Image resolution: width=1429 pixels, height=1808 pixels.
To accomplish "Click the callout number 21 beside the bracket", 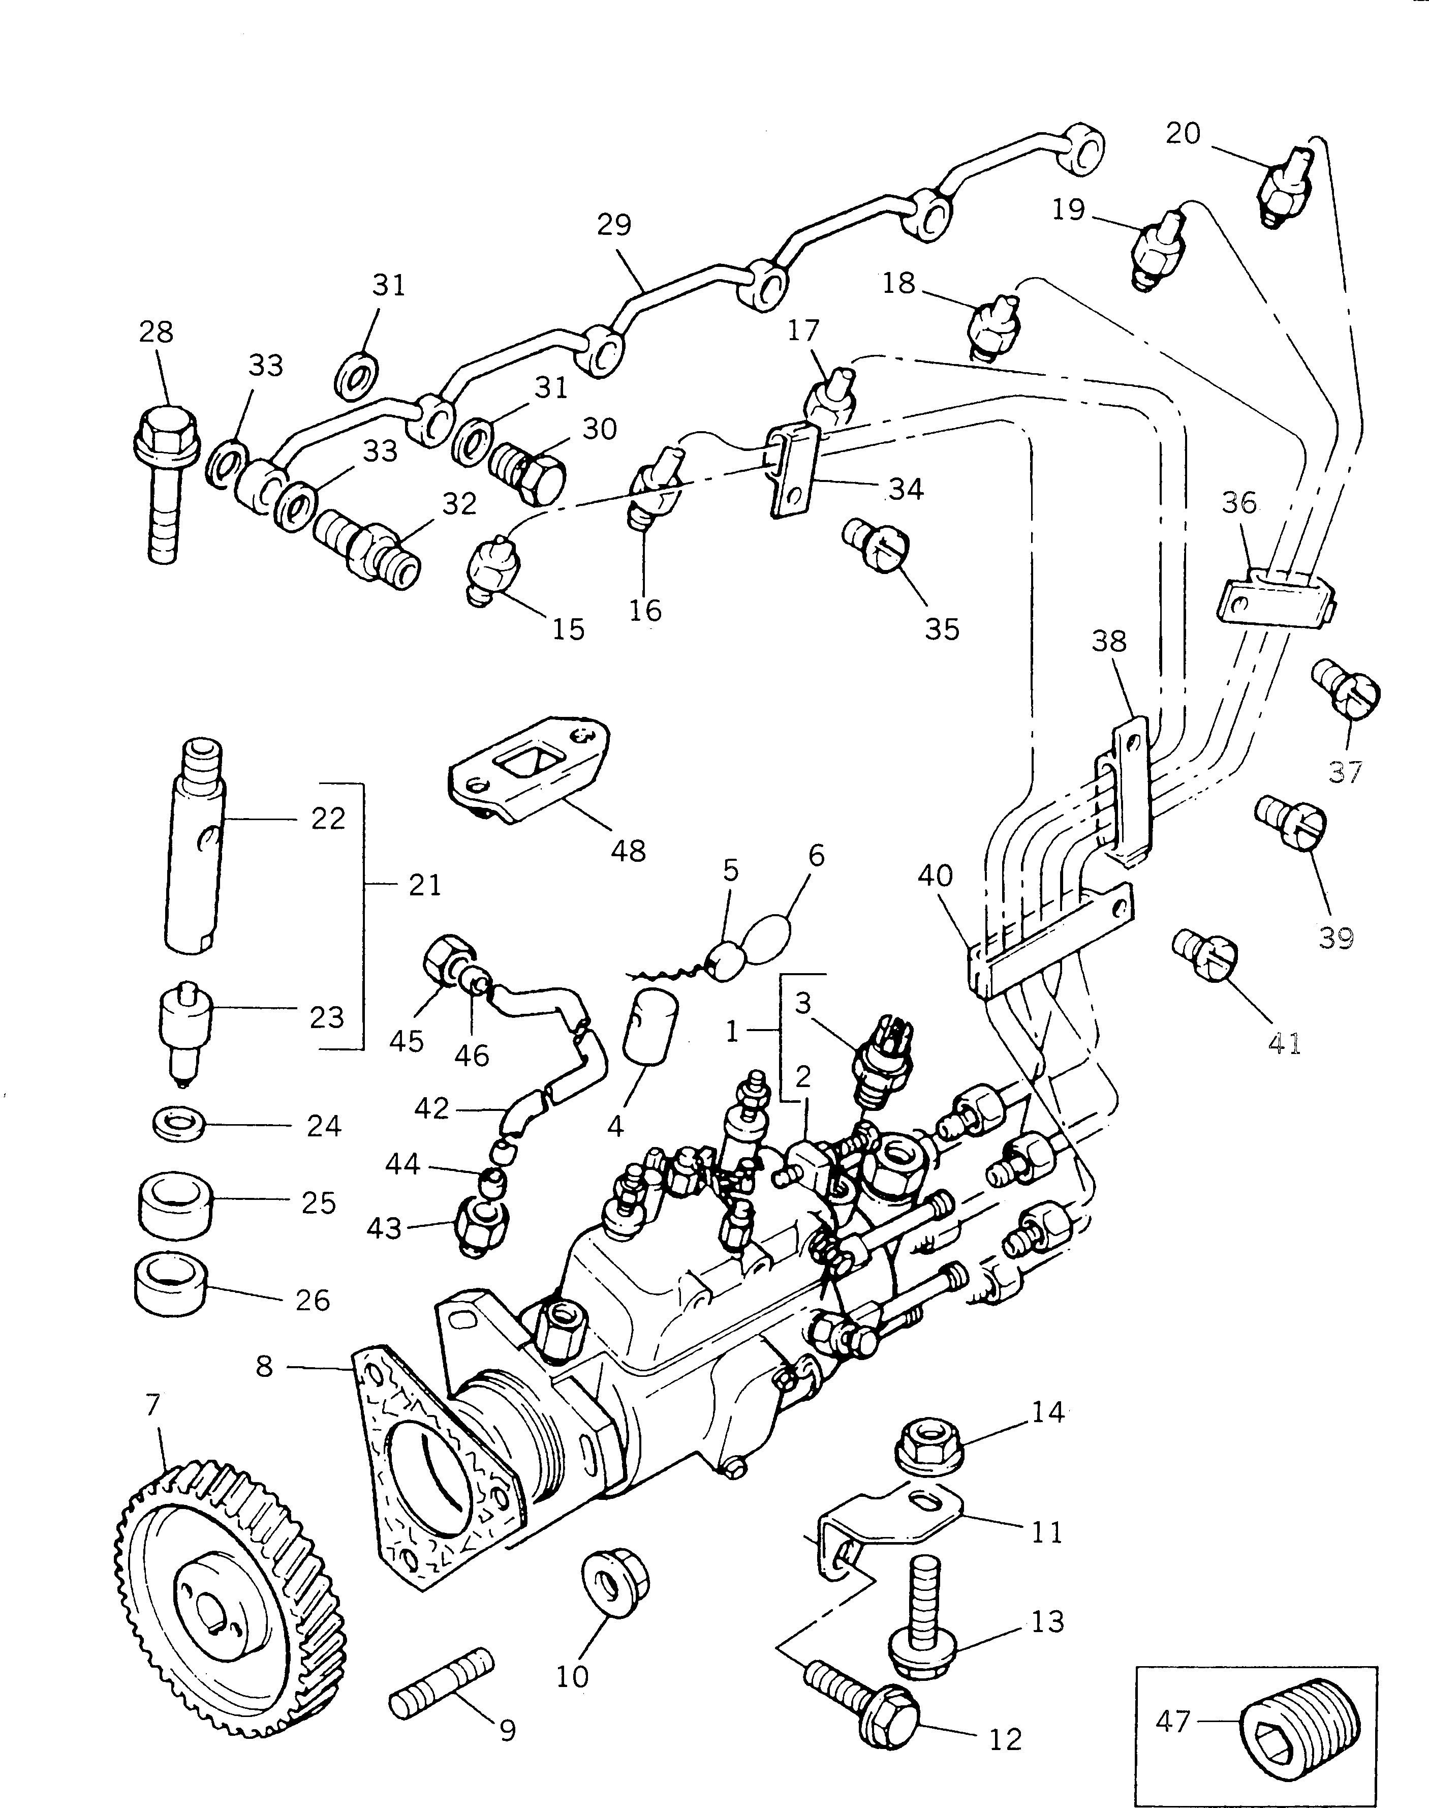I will click(424, 885).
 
